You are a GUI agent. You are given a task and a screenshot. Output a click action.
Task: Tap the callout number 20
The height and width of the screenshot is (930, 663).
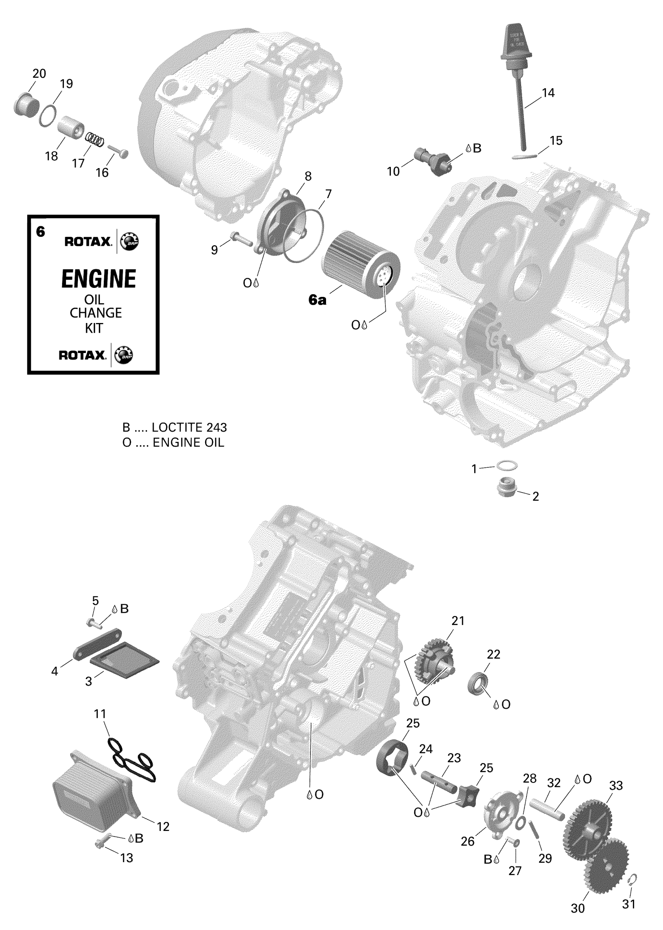(39, 73)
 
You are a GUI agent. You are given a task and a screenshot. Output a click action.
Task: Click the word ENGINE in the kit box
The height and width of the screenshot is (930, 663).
(98, 279)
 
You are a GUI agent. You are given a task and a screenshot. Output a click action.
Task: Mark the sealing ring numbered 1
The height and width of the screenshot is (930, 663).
(507, 465)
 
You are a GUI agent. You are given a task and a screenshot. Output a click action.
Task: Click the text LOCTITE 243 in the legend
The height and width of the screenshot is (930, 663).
(189, 428)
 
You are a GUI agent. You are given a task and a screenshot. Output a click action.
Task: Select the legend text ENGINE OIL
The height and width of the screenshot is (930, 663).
(188, 442)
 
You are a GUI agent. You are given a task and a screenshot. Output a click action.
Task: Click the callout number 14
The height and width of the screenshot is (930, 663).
(548, 93)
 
